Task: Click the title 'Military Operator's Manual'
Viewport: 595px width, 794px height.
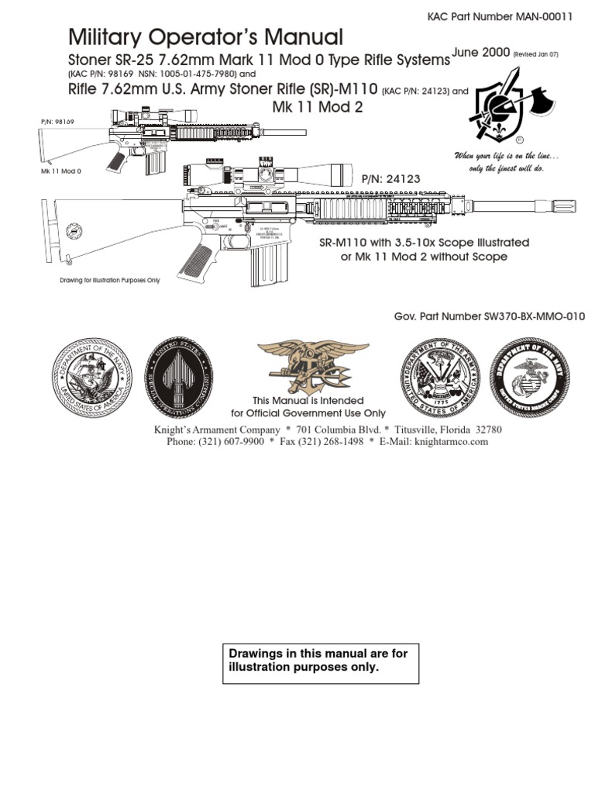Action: coord(205,36)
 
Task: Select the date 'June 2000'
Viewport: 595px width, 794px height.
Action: coord(481,52)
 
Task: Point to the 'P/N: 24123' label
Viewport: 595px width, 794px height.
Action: coord(391,179)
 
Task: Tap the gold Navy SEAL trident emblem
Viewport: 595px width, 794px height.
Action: coord(304,368)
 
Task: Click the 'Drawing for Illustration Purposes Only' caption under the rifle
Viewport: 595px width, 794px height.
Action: coord(110,281)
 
